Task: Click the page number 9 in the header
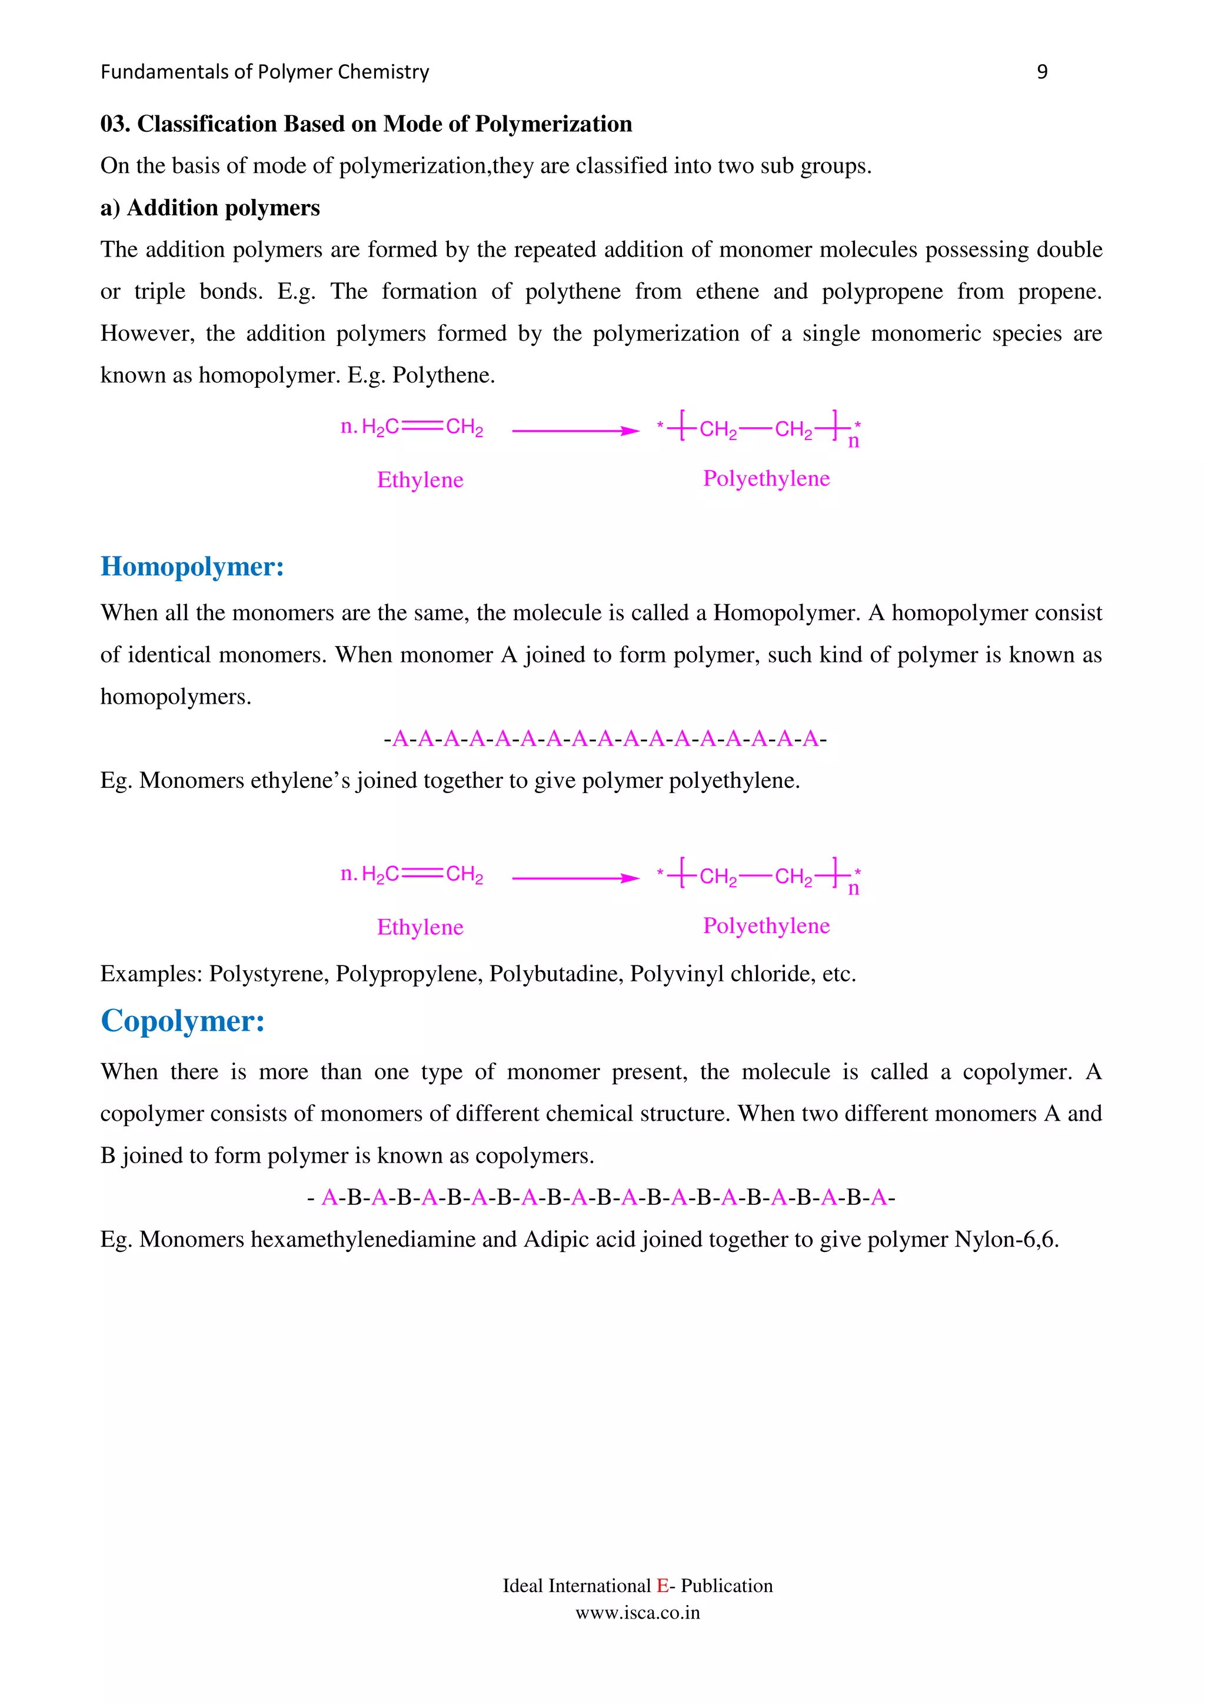pos(1041,72)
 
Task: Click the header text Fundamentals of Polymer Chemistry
pos(264,72)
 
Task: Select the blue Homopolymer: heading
pos(192,567)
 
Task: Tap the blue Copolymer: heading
pos(182,1021)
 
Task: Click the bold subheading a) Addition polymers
pos(210,208)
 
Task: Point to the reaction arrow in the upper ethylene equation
pos(575,431)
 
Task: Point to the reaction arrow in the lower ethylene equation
pos(575,878)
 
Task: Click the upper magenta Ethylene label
pos(420,479)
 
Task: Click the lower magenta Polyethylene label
pos(766,926)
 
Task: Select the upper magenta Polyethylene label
pos(766,478)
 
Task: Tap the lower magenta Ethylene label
pos(420,927)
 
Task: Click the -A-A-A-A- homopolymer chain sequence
pos(604,739)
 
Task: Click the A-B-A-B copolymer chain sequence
pos(601,1198)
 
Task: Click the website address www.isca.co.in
pos(637,1613)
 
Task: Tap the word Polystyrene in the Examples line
pos(269,974)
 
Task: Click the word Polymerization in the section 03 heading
pos(553,124)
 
